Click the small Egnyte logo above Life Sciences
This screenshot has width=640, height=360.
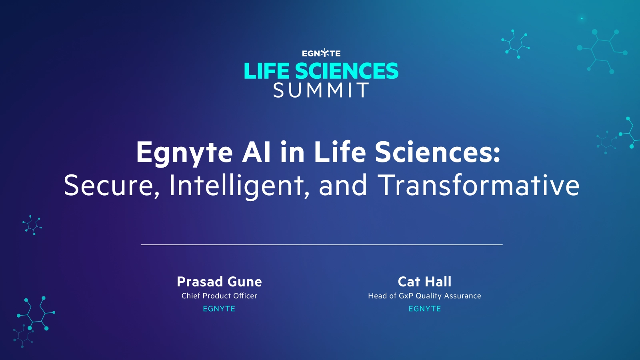pyautogui.click(x=321, y=53)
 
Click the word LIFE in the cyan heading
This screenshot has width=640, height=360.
pyautogui.click(x=266, y=71)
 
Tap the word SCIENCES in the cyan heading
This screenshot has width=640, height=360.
pyautogui.click(x=346, y=71)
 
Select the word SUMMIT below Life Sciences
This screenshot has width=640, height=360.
pyautogui.click(x=321, y=91)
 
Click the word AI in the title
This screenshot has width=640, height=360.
pyautogui.click(x=256, y=152)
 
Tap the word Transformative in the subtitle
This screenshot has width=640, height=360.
pyautogui.click(x=478, y=185)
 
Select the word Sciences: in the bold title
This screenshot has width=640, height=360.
pyautogui.click(x=438, y=152)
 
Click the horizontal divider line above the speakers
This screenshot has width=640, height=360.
pyautogui.click(x=322, y=244)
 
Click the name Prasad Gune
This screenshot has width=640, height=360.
pyautogui.click(x=219, y=282)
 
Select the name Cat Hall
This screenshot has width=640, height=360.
pyautogui.click(x=424, y=282)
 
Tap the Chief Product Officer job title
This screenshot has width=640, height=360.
pyautogui.click(x=219, y=296)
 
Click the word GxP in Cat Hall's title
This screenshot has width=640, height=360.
pyautogui.click(x=406, y=296)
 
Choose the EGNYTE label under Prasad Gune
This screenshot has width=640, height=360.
pyautogui.click(x=219, y=309)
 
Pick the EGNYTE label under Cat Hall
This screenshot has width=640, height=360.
pyautogui.click(x=424, y=309)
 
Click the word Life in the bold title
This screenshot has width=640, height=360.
pyautogui.click(x=340, y=152)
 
